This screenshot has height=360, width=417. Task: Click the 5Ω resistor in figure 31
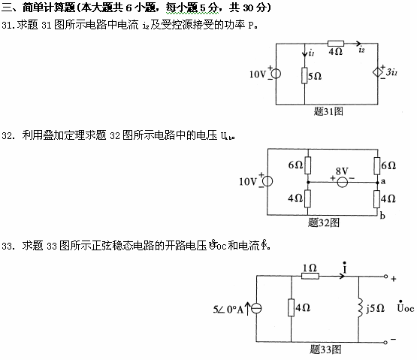305,76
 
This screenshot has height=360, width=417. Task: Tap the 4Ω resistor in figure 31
335,45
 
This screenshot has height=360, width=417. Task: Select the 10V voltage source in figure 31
275,74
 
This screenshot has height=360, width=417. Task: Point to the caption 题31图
328,110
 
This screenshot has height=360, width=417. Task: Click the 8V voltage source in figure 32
343,181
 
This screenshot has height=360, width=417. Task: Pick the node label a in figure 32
382,182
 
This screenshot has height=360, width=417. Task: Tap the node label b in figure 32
382,216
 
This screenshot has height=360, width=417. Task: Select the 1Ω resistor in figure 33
308,277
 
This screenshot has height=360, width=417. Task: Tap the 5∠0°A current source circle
257,309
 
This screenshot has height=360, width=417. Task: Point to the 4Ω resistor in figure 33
291,307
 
